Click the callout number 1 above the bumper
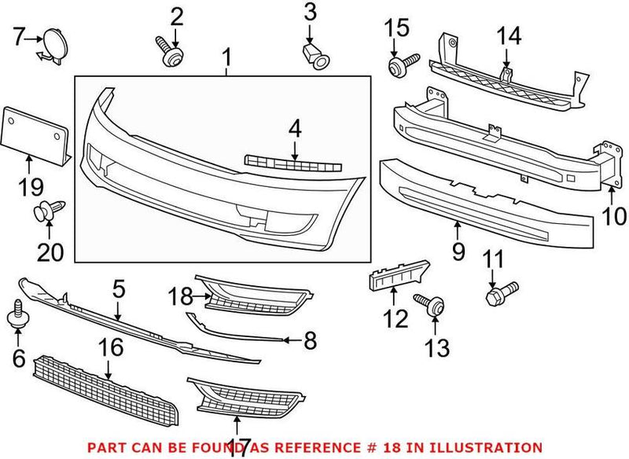(x=226, y=57)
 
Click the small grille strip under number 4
(x=292, y=163)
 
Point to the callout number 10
(x=614, y=215)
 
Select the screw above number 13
(x=429, y=303)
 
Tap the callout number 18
(x=180, y=296)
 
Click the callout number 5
(x=117, y=289)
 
